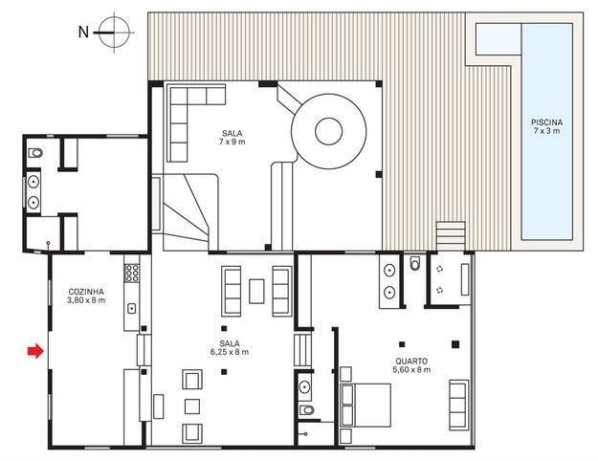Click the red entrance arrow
(35, 351)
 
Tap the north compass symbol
(114, 33)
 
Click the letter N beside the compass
(83, 33)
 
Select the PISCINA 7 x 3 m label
(546, 126)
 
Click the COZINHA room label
(86, 292)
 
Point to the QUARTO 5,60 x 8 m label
(411, 365)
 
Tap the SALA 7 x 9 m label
(232, 138)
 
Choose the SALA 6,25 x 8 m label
(230, 347)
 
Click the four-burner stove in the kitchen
(132, 274)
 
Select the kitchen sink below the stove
(132, 308)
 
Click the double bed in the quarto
(365, 405)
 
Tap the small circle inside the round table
(328, 131)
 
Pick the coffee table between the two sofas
(256, 292)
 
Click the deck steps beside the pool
(451, 235)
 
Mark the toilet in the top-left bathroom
(35, 153)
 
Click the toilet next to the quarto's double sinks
(415, 263)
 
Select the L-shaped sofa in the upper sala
(187, 115)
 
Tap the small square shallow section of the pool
(498, 39)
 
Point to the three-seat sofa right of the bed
(459, 405)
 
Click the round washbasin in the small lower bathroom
(304, 386)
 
